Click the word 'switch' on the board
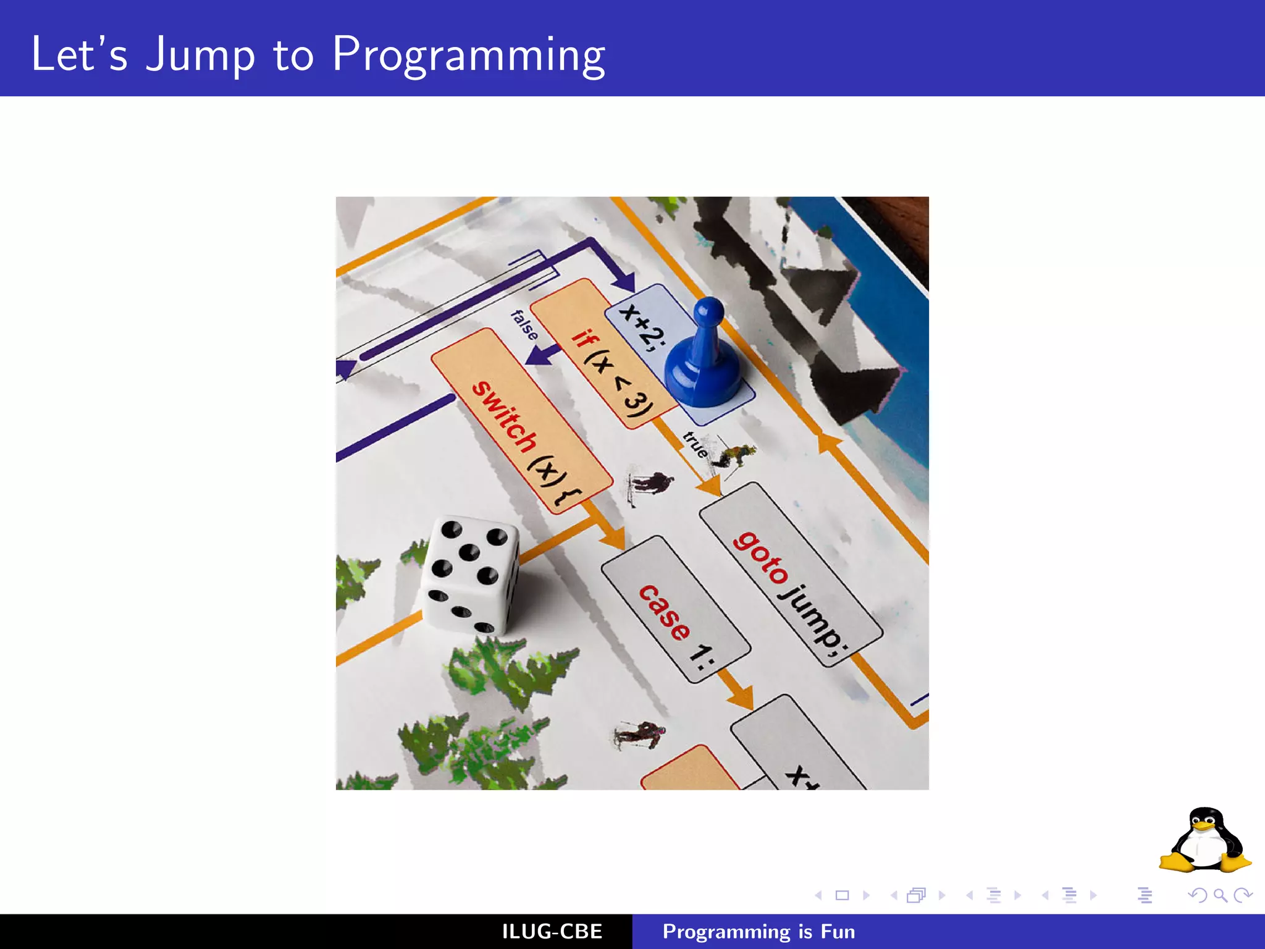(504, 418)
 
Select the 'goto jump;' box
(791, 575)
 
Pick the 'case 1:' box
(676, 609)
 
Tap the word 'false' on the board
(524, 325)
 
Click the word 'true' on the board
(696, 445)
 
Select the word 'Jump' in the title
(200, 56)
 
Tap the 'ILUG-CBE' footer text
(552, 932)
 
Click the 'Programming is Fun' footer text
(759, 932)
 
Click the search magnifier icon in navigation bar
(1220, 895)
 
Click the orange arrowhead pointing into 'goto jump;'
(710, 488)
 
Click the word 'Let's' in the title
(79, 56)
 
